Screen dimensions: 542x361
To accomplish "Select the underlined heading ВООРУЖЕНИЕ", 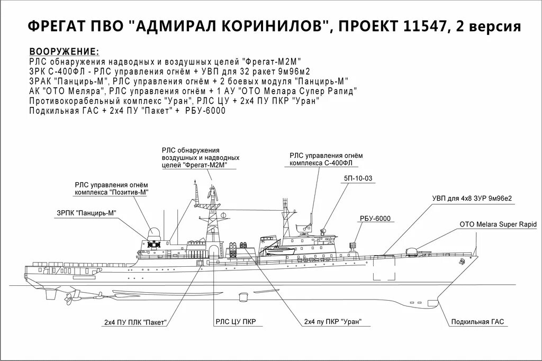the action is [64, 52].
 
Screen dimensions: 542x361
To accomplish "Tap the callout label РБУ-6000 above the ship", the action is [374, 219].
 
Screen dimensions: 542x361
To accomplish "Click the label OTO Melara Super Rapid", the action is [498, 224].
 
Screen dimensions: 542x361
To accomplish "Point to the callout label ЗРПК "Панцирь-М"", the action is [86, 213].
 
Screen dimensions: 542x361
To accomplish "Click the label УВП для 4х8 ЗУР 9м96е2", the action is [472, 198].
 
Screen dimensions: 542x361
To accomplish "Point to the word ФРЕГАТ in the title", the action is [51, 26].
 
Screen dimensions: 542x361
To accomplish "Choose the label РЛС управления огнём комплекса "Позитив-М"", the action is [111, 188].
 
